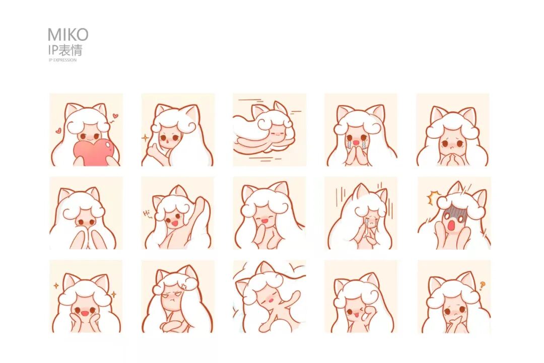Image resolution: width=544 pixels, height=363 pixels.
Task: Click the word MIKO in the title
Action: click(68, 35)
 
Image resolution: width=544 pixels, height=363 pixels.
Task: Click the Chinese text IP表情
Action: click(65, 50)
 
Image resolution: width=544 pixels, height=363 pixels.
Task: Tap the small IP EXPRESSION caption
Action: click(62, 60)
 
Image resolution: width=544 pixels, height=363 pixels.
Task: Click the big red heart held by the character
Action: click(93, 152)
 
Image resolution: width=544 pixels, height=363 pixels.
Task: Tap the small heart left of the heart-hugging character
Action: click(58, 131)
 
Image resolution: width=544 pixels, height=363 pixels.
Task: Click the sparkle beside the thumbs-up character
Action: click(145, 138)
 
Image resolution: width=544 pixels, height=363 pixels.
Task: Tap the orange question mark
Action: click(482, 286)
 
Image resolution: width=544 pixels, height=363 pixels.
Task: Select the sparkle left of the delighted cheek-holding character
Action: click(55, 285)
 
